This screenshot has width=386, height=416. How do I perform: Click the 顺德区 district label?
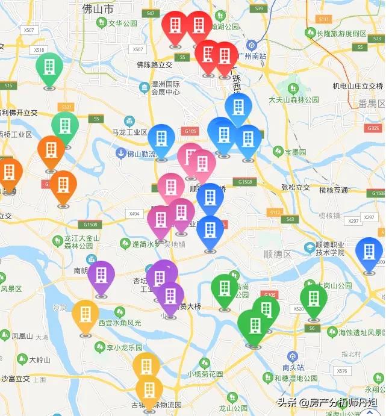[x=278, y=255]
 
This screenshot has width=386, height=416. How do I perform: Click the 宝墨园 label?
[x=296, y=151]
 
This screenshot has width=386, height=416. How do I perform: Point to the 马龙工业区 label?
[x=129, y=132]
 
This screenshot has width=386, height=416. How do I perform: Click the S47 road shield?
[x=151, y=13]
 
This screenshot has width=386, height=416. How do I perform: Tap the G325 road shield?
[x=373, y=128]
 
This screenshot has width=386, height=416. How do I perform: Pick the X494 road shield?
[x=134, y=214]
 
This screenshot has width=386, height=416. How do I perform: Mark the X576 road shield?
[x=343, y=371]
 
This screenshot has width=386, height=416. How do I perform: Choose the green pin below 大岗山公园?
[x=313, y=301]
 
